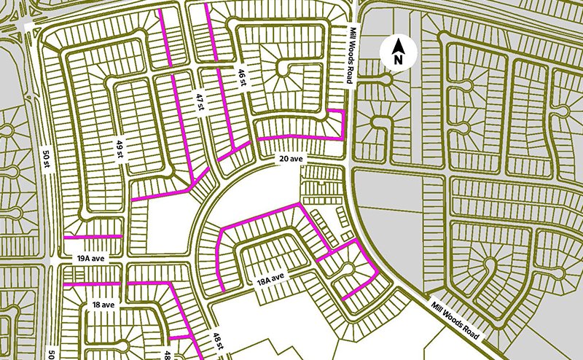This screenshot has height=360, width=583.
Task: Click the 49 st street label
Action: coord(118,149)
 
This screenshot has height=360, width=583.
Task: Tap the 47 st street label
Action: coord(199,102)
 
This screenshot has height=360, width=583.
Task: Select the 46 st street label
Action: coord(238,78)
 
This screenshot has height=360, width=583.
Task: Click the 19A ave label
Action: coord(89,259)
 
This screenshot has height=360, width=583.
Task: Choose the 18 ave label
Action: coord(103,303)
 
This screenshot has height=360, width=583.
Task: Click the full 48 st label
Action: coord(217,341)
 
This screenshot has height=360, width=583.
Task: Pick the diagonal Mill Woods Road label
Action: coord(455,321)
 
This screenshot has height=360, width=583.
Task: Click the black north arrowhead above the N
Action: coord(399,46)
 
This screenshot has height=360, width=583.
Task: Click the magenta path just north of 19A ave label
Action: coord(92,237)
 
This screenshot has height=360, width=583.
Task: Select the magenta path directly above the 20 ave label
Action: coord(299,137)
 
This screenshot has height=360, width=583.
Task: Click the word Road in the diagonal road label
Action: coord(471,332)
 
